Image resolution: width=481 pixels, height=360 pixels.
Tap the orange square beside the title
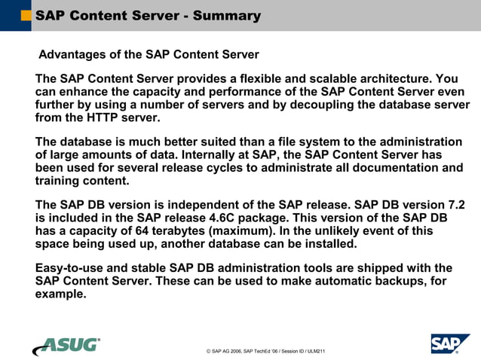(26, 15)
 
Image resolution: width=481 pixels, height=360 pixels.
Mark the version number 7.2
(456, 204)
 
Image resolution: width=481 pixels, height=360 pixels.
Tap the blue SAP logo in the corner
(450, 343)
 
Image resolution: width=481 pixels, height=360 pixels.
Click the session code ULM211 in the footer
(314, 351)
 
